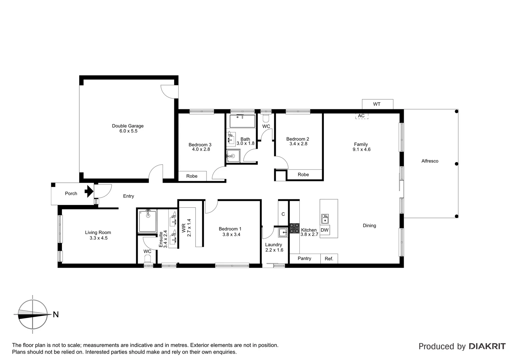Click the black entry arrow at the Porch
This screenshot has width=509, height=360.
(89, 191)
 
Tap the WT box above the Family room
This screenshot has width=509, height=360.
(377, 104)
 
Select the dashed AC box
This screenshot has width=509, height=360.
(361, 116)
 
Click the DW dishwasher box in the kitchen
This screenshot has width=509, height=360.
(324, 230)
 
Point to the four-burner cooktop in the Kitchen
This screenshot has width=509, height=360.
(294, 228)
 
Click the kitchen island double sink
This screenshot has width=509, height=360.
(325, 219)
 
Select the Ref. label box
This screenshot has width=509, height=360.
(329, 259)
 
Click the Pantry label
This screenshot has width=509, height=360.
(304, 258)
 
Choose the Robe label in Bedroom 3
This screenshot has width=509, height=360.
(192, 176)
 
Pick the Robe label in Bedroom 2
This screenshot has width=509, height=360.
(303, 174)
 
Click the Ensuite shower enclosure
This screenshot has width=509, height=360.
(148, 221)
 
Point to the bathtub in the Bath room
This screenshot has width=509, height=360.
(242, 121)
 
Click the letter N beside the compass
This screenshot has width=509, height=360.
(56, 314)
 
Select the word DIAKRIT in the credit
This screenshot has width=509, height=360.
(487, 346)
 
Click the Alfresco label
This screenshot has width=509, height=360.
(430, 161)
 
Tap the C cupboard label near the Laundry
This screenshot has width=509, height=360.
(283, 214)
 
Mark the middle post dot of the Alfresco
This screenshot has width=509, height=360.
(456, 164)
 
